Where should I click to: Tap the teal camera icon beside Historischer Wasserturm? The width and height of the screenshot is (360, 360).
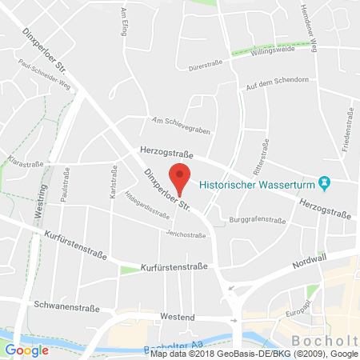pos(324,183)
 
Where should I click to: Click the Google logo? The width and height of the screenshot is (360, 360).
pos(26,350)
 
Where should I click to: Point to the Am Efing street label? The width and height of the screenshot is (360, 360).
pos(124,18)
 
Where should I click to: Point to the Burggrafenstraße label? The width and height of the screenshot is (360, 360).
pos(258,218)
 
